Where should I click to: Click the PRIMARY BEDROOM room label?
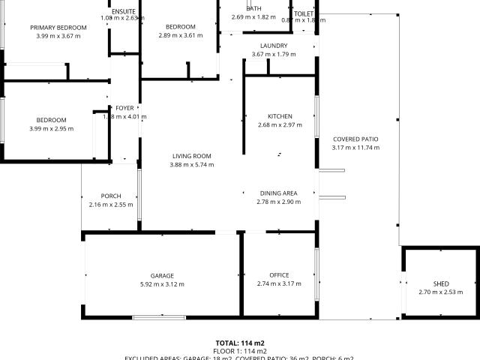58,28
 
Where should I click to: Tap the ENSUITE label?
123,11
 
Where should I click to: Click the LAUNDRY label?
279,46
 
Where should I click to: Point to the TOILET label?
304,14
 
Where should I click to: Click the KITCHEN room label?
280,116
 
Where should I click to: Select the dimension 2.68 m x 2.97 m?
280,125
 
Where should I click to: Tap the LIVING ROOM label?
191,156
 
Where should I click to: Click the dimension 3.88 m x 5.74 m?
191,165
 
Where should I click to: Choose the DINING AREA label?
279,193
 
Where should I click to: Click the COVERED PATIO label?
355,139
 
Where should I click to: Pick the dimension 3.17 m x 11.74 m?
355,148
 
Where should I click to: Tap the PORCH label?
111,196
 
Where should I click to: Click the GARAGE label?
162,275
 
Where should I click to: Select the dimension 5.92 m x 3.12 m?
162,284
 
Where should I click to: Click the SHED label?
441,283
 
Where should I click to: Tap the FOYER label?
124,108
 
